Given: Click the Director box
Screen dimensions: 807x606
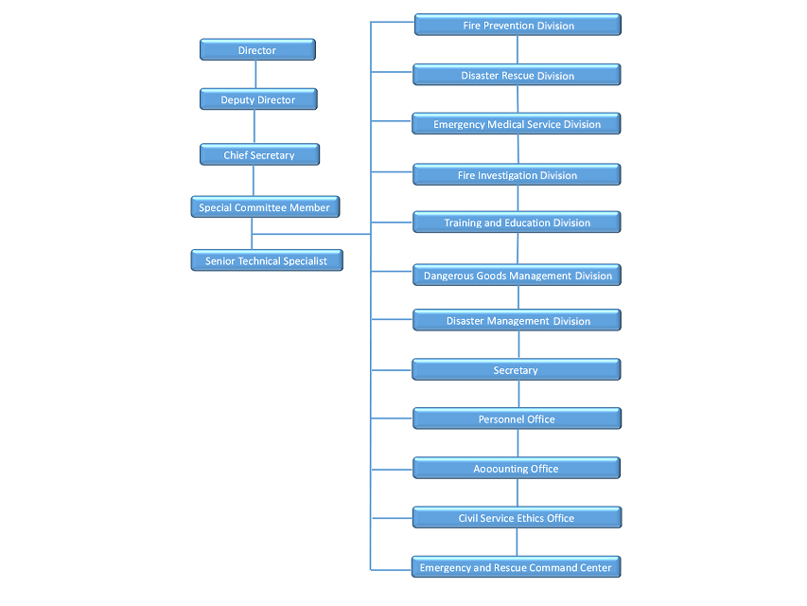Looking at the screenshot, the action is tap(257, 49).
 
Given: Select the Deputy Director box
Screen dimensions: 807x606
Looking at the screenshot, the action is tap(258, 98).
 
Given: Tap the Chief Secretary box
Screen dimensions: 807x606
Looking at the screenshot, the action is tap(259, 154).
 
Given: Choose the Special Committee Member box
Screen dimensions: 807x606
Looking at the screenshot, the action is tap(265, 206).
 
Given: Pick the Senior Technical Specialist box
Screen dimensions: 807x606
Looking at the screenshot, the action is tap(267, 260).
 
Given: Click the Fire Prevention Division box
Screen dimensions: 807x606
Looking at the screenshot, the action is tap(518, 25).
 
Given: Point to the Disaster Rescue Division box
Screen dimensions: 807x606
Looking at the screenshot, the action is tap(517, 75).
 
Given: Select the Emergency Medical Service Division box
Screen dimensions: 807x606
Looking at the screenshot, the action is tap(517, 124).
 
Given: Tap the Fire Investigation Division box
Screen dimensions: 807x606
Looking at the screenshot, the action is tap(517, 174).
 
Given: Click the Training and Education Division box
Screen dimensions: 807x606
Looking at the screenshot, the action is tap(517, 223).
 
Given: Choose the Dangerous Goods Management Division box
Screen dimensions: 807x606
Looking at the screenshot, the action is tap(517, 275).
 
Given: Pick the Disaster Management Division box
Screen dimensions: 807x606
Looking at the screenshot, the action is tap(517, 320).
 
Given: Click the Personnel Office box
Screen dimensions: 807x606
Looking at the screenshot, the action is tap(517, 419).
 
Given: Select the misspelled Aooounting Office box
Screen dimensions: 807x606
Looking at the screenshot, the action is tap(517, 468).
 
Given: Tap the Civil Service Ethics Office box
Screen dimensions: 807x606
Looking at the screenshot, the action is tap(517, 517).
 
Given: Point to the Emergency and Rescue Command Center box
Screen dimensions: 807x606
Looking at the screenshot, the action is tap(517, 567).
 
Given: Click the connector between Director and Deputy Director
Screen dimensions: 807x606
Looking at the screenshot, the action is tap(255, 74).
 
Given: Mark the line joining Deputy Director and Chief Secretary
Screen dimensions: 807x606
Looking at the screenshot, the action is tap(254, 126).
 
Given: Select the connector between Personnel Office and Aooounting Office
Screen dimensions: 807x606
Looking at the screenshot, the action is tap(518, 443).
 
